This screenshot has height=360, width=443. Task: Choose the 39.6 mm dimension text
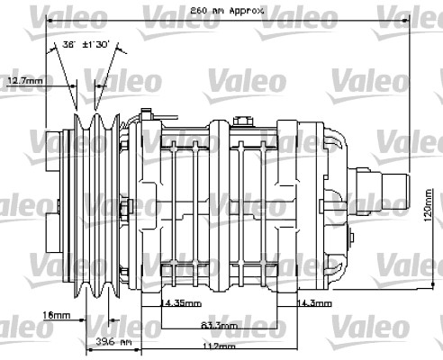(x=112, y=342)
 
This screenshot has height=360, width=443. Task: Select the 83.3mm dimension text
(x=219, y=325)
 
